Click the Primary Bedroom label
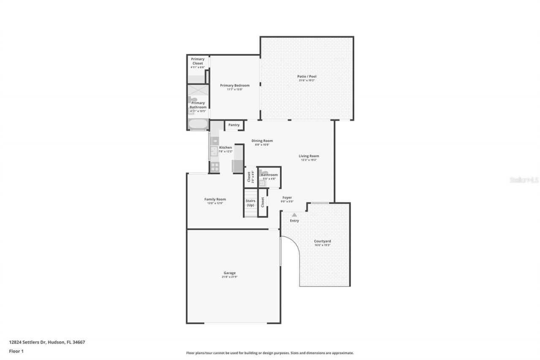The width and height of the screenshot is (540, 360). coord(235,86)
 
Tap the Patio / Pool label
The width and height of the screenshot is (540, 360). coord(307,76)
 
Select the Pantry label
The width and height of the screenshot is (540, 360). coord(234,125)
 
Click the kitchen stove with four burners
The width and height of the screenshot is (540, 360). coord(214,167)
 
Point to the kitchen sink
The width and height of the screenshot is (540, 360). coord(214,151)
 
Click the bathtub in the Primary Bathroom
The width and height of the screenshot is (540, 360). coord(198,124)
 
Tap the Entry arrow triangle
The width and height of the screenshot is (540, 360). coord(294,215)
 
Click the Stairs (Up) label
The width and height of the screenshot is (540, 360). coord(251,203)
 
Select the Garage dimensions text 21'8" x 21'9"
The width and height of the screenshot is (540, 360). coord(229,277)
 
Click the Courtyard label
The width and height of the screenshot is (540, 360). coord(322,241)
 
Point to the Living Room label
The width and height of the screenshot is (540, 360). coord(309,156)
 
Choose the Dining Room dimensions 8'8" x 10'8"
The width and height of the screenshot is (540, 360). coord(262,145)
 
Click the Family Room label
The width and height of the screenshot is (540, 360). coord(215,199)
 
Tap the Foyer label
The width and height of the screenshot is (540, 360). coord(287,198)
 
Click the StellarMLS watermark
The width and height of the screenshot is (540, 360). coord(524,180)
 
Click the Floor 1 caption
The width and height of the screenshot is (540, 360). coord(16,351)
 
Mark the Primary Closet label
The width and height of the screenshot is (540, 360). coord(197,61)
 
